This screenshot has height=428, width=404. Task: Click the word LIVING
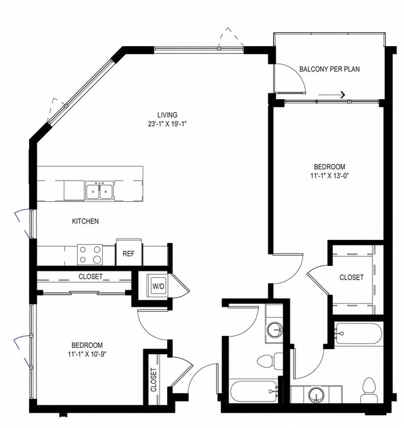167,115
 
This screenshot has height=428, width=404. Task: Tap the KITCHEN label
85,222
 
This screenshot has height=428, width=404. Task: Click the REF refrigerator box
129,254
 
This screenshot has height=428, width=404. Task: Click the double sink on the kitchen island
99,190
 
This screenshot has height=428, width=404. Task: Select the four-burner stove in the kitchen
90,254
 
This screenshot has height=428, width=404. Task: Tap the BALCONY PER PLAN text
330,69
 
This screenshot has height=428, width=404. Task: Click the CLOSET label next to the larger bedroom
352,277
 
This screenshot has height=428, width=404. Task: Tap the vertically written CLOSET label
153,381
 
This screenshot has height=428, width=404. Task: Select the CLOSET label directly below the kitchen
90,276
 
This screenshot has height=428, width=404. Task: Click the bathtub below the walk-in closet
358,333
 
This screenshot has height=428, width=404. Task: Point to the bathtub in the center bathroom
253,391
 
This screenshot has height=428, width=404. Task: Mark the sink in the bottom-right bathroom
315,395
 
